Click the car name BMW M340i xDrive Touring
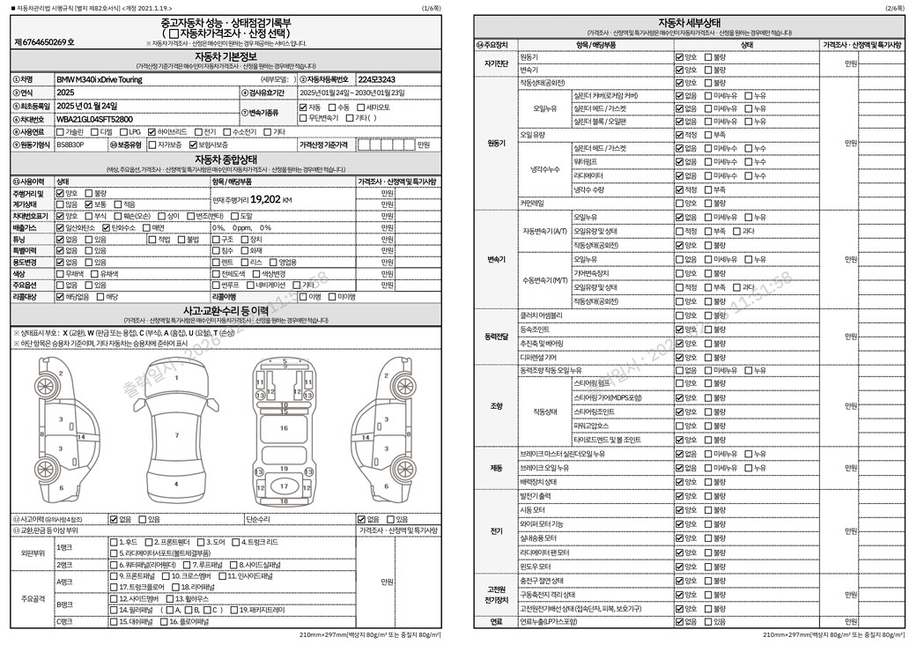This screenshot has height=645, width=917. click(97, 79)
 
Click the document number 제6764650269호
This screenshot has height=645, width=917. click(45, 42)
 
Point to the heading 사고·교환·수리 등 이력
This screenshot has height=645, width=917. click(225, 310)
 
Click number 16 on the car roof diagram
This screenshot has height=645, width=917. click(284, 428)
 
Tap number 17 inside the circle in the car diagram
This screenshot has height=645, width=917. click(284, 486)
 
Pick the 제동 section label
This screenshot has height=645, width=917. click(496, 468)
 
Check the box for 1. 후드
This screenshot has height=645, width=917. click(112, 542)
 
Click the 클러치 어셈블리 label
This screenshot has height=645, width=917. click(542, 315)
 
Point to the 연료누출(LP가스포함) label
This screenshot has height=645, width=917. click(549, 621)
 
